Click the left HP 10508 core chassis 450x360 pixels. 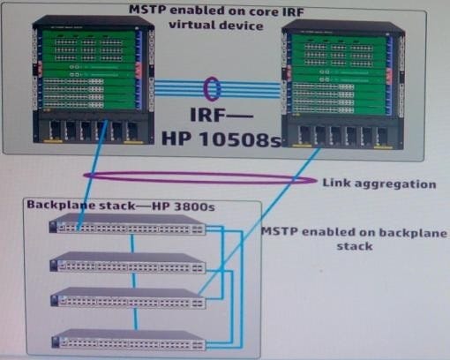point(94,80)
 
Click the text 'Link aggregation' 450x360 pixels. point(379,184)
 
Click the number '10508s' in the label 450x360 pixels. point(240,139)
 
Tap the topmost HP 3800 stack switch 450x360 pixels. point(127,224)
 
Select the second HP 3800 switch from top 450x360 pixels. point(128,261)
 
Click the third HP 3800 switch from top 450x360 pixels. point(128,297)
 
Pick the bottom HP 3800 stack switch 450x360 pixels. point(129,339)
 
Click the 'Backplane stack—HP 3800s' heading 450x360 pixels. point(121,206)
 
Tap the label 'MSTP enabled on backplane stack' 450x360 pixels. point(355,238)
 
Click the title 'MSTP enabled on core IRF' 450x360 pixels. point(216,11)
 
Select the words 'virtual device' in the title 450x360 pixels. point(216,25)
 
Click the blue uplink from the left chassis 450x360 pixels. point(92,176)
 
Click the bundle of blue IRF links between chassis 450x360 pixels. point(218,88)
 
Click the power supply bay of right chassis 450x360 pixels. point(343,134)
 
